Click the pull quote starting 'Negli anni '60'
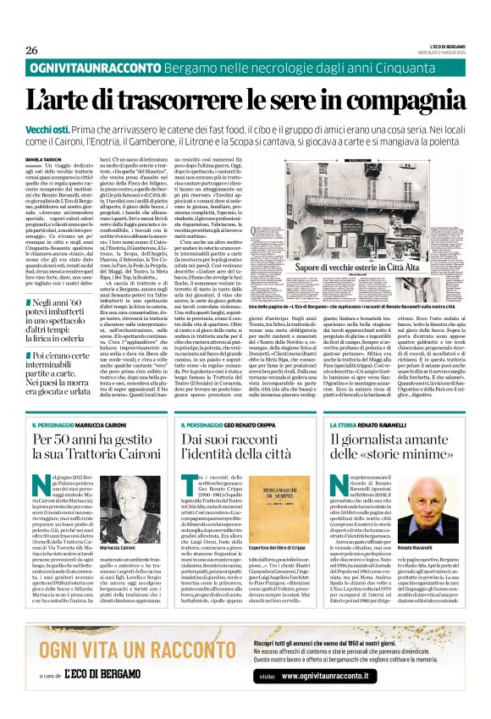click(57, 317)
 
